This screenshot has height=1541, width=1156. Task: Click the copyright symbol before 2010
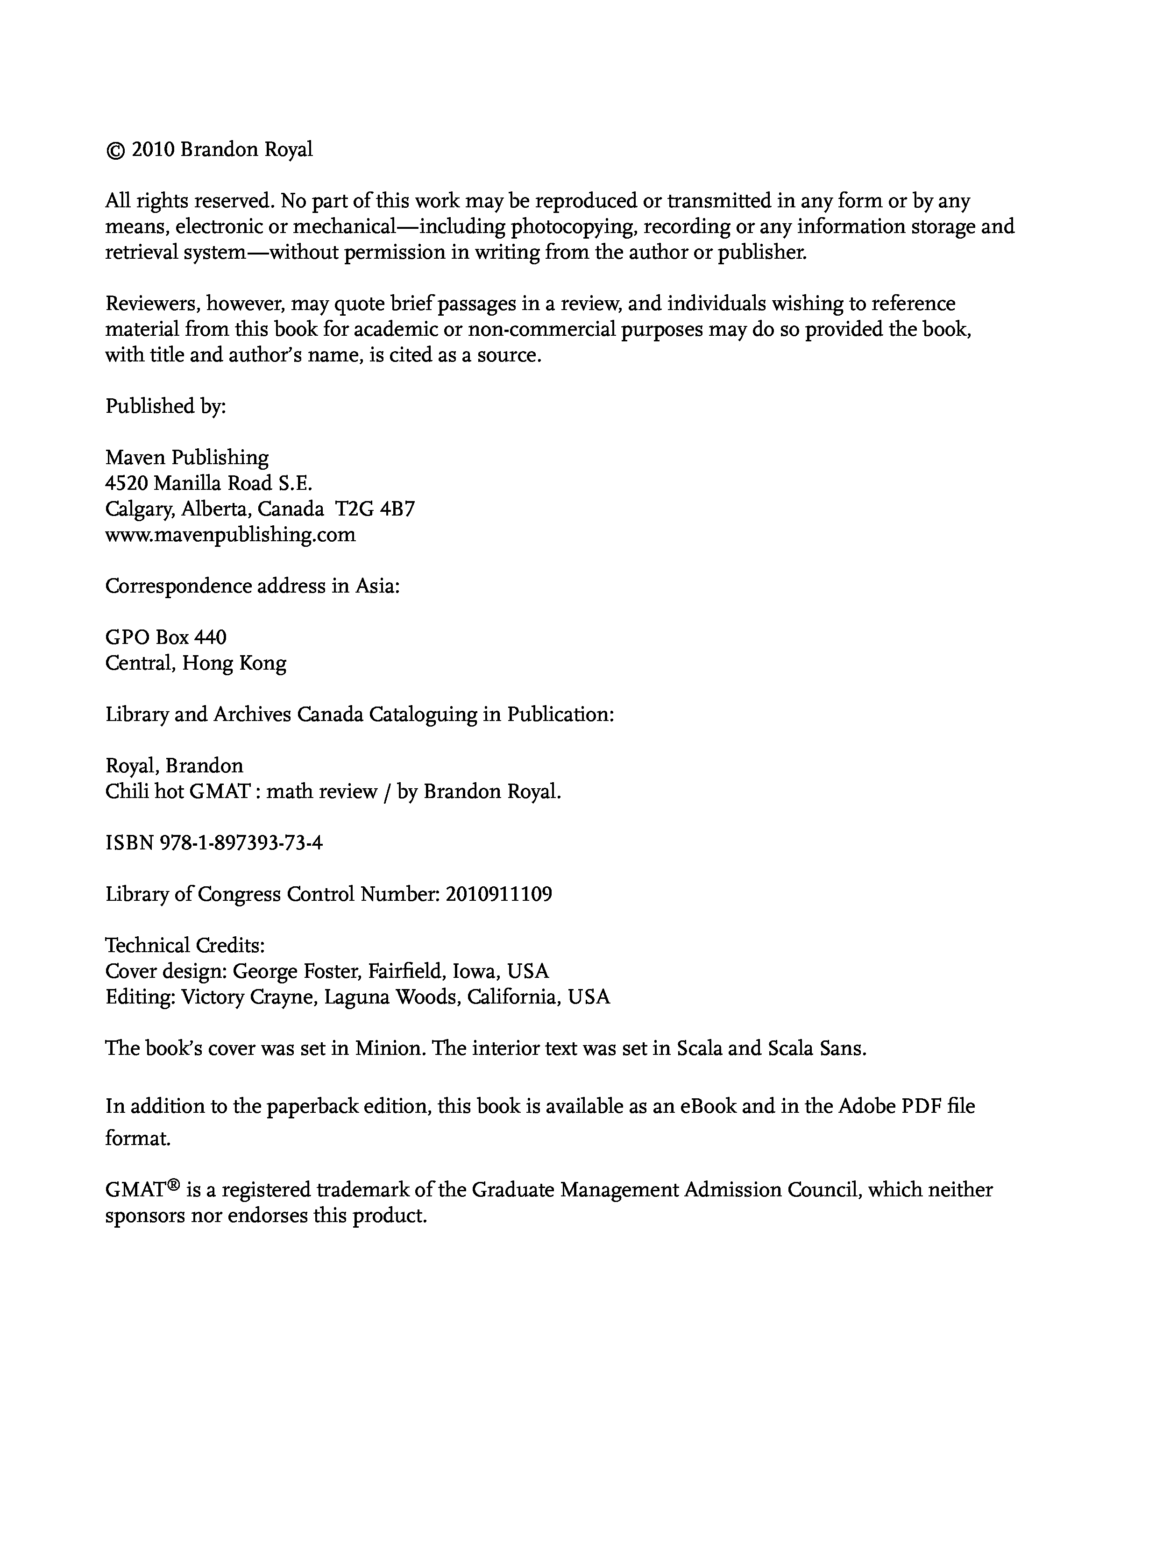pos(113,150)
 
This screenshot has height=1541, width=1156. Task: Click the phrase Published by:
pos(166,406)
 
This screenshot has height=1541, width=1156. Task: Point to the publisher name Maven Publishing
pos(187,458)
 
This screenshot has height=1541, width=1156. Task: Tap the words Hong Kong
pos(234,663)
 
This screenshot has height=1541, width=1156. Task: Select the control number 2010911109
pos(498,894)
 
